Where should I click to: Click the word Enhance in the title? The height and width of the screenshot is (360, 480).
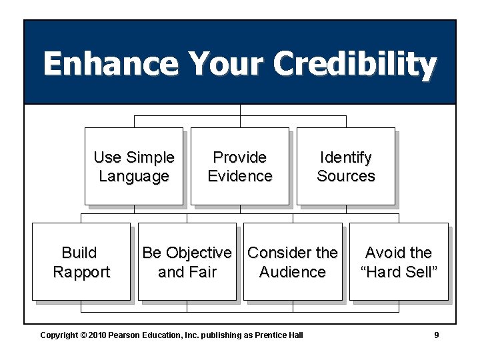coord(111,65)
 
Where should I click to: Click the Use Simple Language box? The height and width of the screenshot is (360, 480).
coord(133,166)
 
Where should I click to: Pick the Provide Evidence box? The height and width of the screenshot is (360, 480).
coord(240,166)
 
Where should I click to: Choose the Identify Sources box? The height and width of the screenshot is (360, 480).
coord(345,166)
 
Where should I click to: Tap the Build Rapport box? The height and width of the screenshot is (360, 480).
coord(81,261)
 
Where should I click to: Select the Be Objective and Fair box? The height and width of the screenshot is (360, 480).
coord(187,261)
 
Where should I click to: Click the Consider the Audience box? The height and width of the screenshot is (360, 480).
coord(293,261)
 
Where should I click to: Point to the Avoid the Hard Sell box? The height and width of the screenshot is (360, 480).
coord(399,261)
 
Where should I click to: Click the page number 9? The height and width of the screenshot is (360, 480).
coord(437,335)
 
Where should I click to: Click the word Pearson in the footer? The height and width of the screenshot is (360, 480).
coord(125,335)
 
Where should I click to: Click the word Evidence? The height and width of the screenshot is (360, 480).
coord(240,176)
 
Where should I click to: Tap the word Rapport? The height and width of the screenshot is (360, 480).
coord(81,272)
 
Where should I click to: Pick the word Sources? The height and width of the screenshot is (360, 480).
coord(345,176)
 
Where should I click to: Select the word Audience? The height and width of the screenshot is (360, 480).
coord(293,272)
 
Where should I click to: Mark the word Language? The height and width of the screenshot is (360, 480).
coord(133,176)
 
